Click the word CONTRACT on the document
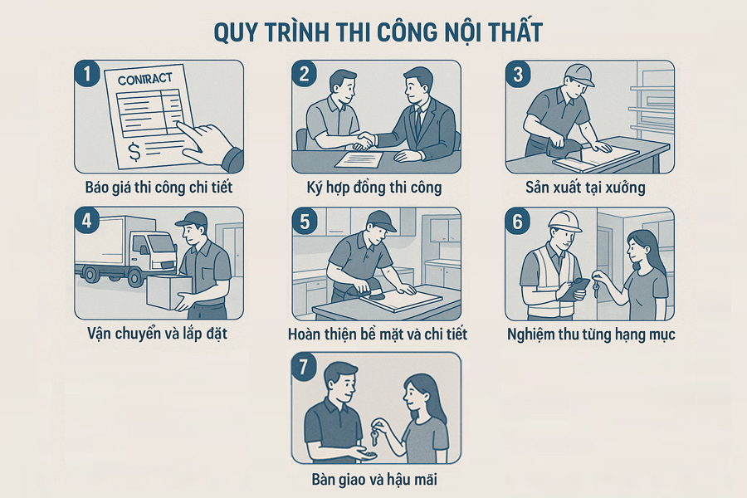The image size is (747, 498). (x=144, y=79)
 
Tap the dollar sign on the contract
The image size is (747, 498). (x=134, y=152)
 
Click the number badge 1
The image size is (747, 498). (x=87, y=74)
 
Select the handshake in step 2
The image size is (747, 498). (x=365, y=139)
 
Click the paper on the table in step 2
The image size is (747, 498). (x=359, y=159)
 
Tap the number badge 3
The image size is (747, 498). (x=518, y=74)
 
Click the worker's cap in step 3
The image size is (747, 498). (x=578, y=75)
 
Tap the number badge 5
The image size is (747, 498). (x=305, y=221)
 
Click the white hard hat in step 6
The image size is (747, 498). (x=564, y=221)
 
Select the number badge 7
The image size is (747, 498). (x=305, y=368)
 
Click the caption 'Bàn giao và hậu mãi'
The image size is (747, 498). (x=374, y=479)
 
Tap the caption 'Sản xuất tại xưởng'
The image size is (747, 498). (x=585, y=188)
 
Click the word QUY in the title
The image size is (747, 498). (x=237, y=32)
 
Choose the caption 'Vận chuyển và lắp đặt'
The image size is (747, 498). (x=157, y=333)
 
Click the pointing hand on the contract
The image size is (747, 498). (x=210, y=145)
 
